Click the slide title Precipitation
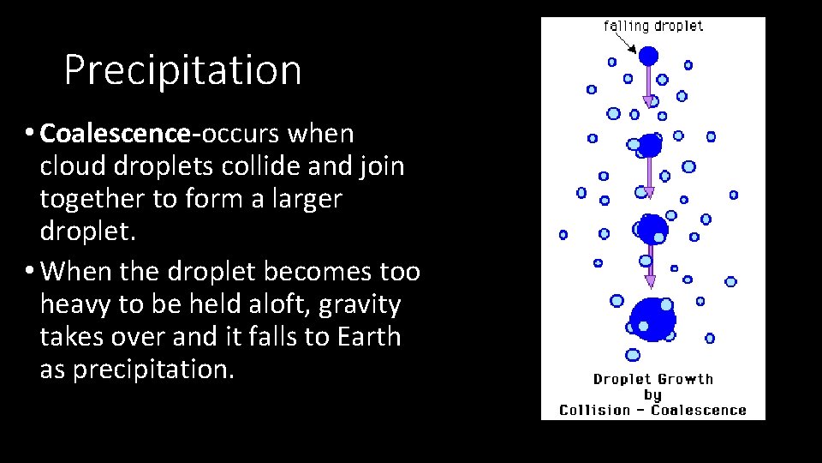click(x=182, y=70)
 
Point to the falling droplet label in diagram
click(x=653, y=26)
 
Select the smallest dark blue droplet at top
click(x=649, y=57)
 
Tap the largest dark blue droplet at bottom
click(x=653, y=319)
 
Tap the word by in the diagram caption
click(x=652, y=394)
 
